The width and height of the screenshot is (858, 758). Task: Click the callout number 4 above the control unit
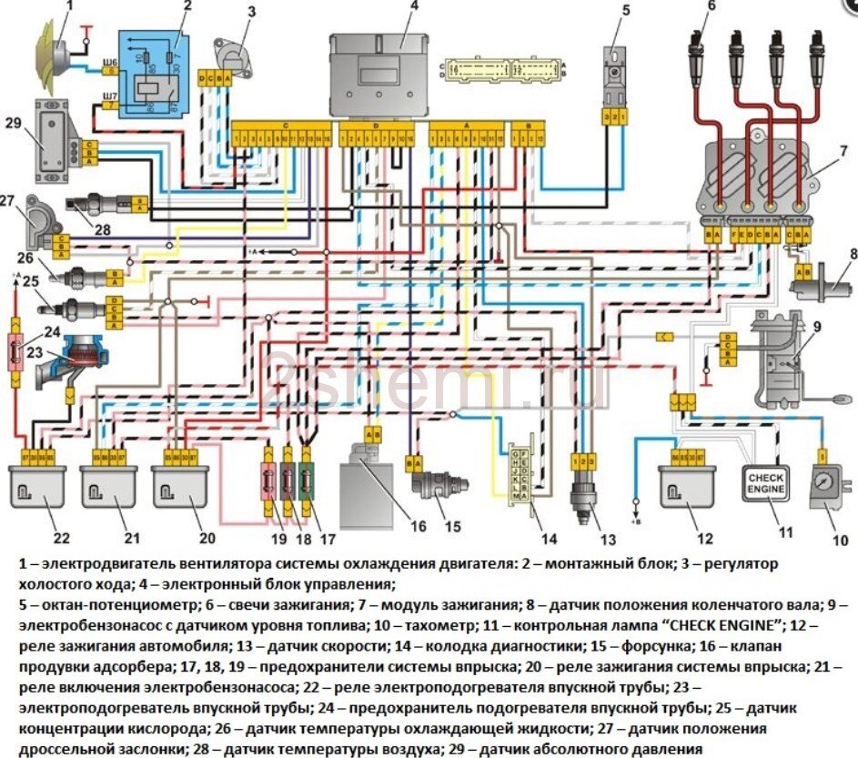[414, 6]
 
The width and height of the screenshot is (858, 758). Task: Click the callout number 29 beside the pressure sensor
[13, 122]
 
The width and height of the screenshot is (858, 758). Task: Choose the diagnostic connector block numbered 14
[520, 473]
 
